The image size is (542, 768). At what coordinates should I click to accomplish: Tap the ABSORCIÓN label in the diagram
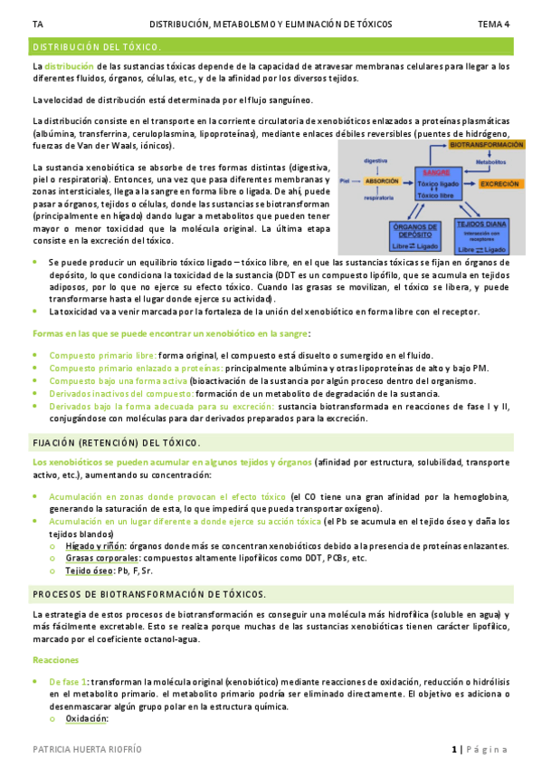point(380,180)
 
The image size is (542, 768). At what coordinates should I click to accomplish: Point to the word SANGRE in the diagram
point(437,172)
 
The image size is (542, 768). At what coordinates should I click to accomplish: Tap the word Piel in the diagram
point(345,180)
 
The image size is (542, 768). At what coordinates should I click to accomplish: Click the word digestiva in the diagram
point(376,160)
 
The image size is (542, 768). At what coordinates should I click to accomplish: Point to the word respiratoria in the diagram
point(377,197)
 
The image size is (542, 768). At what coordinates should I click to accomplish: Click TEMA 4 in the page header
point(494,24)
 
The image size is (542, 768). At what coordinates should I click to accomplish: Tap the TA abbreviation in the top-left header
point(37,24)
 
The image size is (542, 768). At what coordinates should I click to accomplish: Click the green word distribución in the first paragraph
point(69,66)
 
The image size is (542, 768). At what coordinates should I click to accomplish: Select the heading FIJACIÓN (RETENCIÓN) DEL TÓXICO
point(116,443)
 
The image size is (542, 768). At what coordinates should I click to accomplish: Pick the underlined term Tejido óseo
point(90,571)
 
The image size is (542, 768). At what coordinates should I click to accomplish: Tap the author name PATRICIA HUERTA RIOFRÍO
point(87,750)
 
